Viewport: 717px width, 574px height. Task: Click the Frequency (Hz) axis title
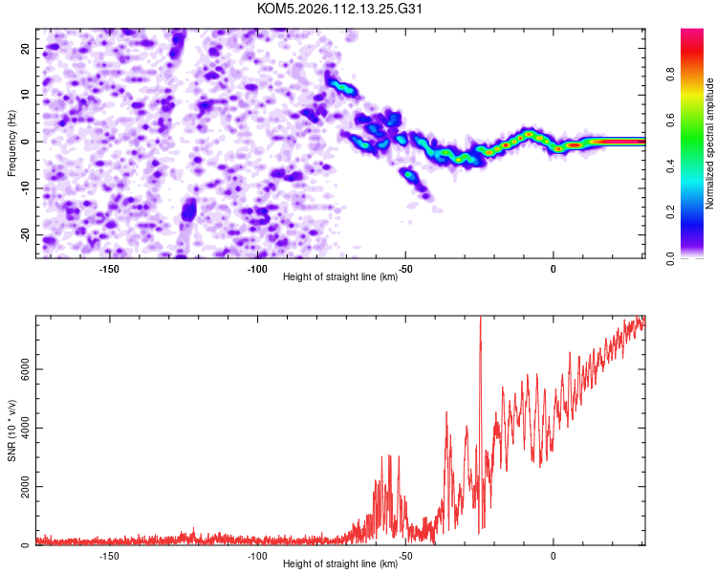pos(11,142)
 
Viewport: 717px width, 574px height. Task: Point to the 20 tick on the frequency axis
pos(26,48)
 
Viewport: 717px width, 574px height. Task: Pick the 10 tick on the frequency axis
pos(26,95)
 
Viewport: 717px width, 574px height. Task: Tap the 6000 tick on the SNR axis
pos(19,369)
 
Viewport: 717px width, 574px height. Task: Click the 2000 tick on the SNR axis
pos(19,487)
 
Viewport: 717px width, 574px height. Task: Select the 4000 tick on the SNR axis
pos(19,429)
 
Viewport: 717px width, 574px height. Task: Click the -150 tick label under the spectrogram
pos(108,269)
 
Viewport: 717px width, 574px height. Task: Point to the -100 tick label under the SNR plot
pos(256,556)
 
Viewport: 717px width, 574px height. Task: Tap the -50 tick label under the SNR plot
pos(405,556)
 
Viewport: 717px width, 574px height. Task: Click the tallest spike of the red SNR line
pos(480,319)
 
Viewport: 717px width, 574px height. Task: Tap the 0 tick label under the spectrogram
pos(554,269)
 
